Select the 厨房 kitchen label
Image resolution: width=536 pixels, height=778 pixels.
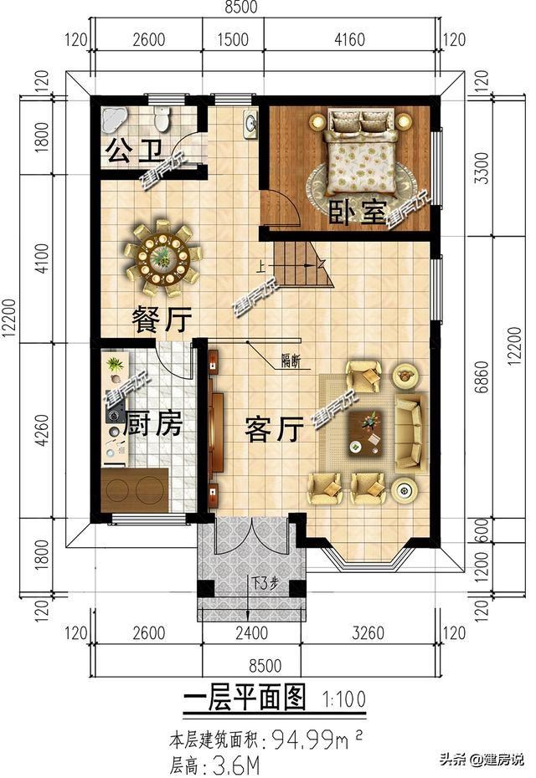[x=152, y=424]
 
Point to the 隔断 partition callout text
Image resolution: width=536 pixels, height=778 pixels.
[x=291, y=361]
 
